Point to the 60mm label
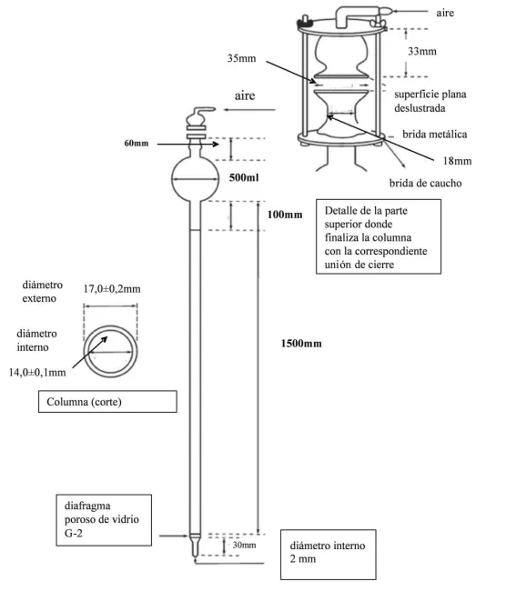(137, 144)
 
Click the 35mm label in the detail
(242, 58)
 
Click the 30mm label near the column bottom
(243, 546)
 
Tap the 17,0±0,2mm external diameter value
(111, 288)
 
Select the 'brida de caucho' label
(430, 182)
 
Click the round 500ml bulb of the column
(197, 179)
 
